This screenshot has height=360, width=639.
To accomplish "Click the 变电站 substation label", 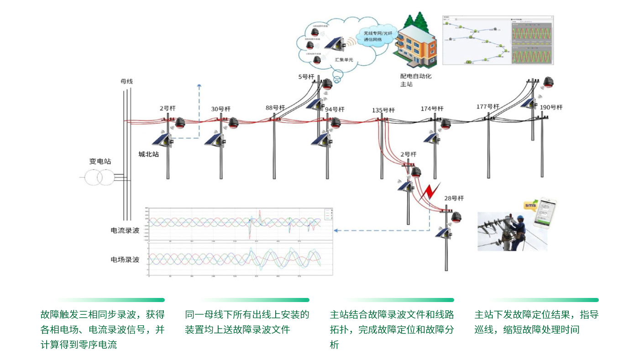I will point(100,162).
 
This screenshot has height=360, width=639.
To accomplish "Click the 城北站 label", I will point(149,154).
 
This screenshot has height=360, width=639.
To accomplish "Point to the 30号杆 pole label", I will point(221,109).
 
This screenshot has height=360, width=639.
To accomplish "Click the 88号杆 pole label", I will point(275,108).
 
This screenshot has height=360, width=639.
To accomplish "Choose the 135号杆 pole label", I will point(383,110).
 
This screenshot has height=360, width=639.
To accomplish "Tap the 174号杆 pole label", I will point(432,109).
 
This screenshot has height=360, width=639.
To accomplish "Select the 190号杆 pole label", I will point(551,107).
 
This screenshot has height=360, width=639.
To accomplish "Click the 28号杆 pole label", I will point(454,198).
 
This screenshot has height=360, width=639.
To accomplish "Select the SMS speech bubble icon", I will point(530,206).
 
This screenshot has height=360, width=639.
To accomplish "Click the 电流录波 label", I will point(125,230).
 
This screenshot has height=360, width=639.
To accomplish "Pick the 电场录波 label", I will point(125,260).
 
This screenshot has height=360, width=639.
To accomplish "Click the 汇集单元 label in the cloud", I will point(344,60).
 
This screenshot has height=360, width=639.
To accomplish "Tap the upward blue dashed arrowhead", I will point(199,85).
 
